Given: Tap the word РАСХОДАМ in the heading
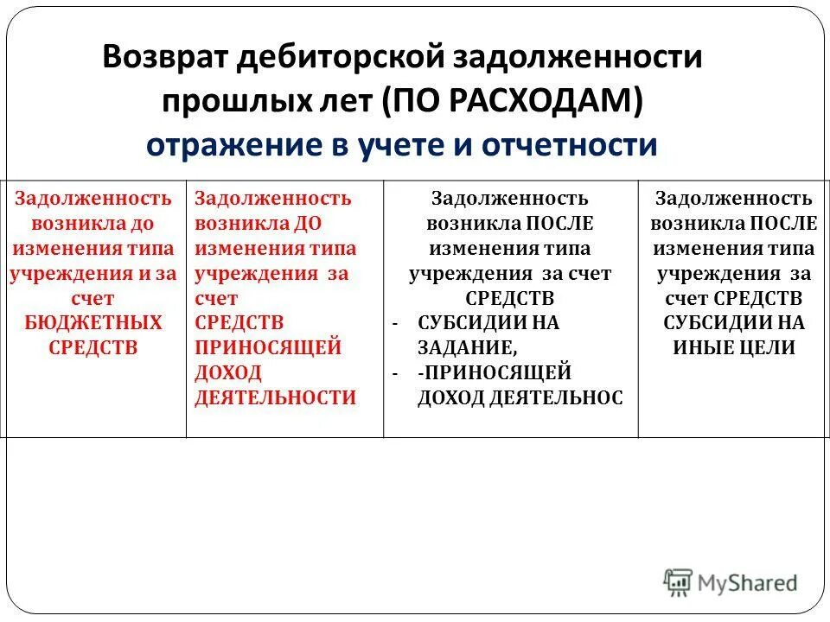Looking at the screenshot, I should click(x=552, y=101).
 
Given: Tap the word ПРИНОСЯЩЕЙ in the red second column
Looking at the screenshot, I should click(x=267, y=347).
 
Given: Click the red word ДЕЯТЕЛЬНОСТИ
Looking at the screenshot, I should click(x=275, y=397).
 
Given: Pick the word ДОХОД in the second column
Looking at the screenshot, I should click(x=228, y=372).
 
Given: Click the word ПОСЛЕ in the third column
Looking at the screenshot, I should click(x=559, y=223).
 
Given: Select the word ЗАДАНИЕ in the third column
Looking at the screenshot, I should click(x=466, y=347).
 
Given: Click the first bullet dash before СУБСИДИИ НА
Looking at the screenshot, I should click(x=394, y=323).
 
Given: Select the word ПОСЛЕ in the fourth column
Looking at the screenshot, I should click(x=783, y=223).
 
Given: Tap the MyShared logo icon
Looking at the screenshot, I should click(x=679, y=583).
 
